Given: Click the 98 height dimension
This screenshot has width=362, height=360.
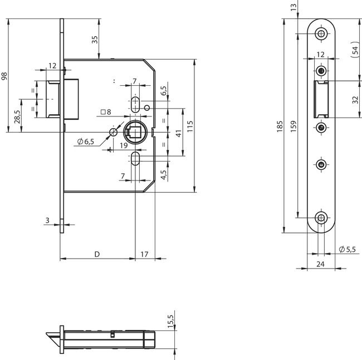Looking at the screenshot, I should click(5, 76).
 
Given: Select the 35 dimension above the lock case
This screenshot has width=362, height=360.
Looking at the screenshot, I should click(95, 40).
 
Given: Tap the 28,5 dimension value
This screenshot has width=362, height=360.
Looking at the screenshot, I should click(17, 116).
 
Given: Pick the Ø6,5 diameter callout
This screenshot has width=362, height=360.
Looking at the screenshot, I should click(86, 142).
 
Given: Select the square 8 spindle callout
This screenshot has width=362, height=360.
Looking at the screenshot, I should click(106, 112).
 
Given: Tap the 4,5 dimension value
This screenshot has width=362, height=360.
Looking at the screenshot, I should click(163, 173).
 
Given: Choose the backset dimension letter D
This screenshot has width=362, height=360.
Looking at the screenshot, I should click(96, 254).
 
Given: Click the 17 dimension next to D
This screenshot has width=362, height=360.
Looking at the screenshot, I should click(144, 254).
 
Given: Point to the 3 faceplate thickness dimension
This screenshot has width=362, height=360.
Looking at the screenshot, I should click(48, 221).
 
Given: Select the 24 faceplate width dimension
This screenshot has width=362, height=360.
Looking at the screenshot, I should click(320, 264).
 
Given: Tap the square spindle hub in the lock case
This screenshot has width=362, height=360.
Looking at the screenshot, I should click(134, 133).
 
